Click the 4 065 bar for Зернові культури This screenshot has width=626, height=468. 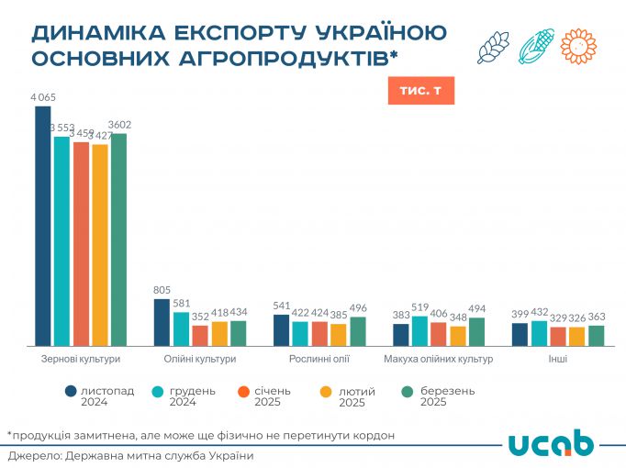42,226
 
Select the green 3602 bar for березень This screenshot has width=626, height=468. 118,240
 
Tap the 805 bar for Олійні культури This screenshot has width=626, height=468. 162,322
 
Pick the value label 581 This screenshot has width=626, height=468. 181,305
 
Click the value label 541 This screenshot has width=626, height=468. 282,306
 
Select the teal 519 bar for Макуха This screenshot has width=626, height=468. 420,330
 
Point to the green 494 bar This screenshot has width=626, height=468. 476,331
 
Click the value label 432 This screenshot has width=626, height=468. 540,312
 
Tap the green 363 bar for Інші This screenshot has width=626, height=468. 597,335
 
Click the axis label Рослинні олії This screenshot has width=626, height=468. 319,359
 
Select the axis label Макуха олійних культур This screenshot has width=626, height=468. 439,359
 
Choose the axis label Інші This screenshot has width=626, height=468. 558,359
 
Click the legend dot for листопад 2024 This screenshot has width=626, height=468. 71,392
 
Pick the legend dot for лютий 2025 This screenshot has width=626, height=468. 326,392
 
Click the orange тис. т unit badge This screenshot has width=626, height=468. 420,91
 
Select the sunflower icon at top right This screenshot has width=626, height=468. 578,46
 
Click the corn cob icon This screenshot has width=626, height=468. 536,46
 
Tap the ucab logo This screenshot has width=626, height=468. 551,441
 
